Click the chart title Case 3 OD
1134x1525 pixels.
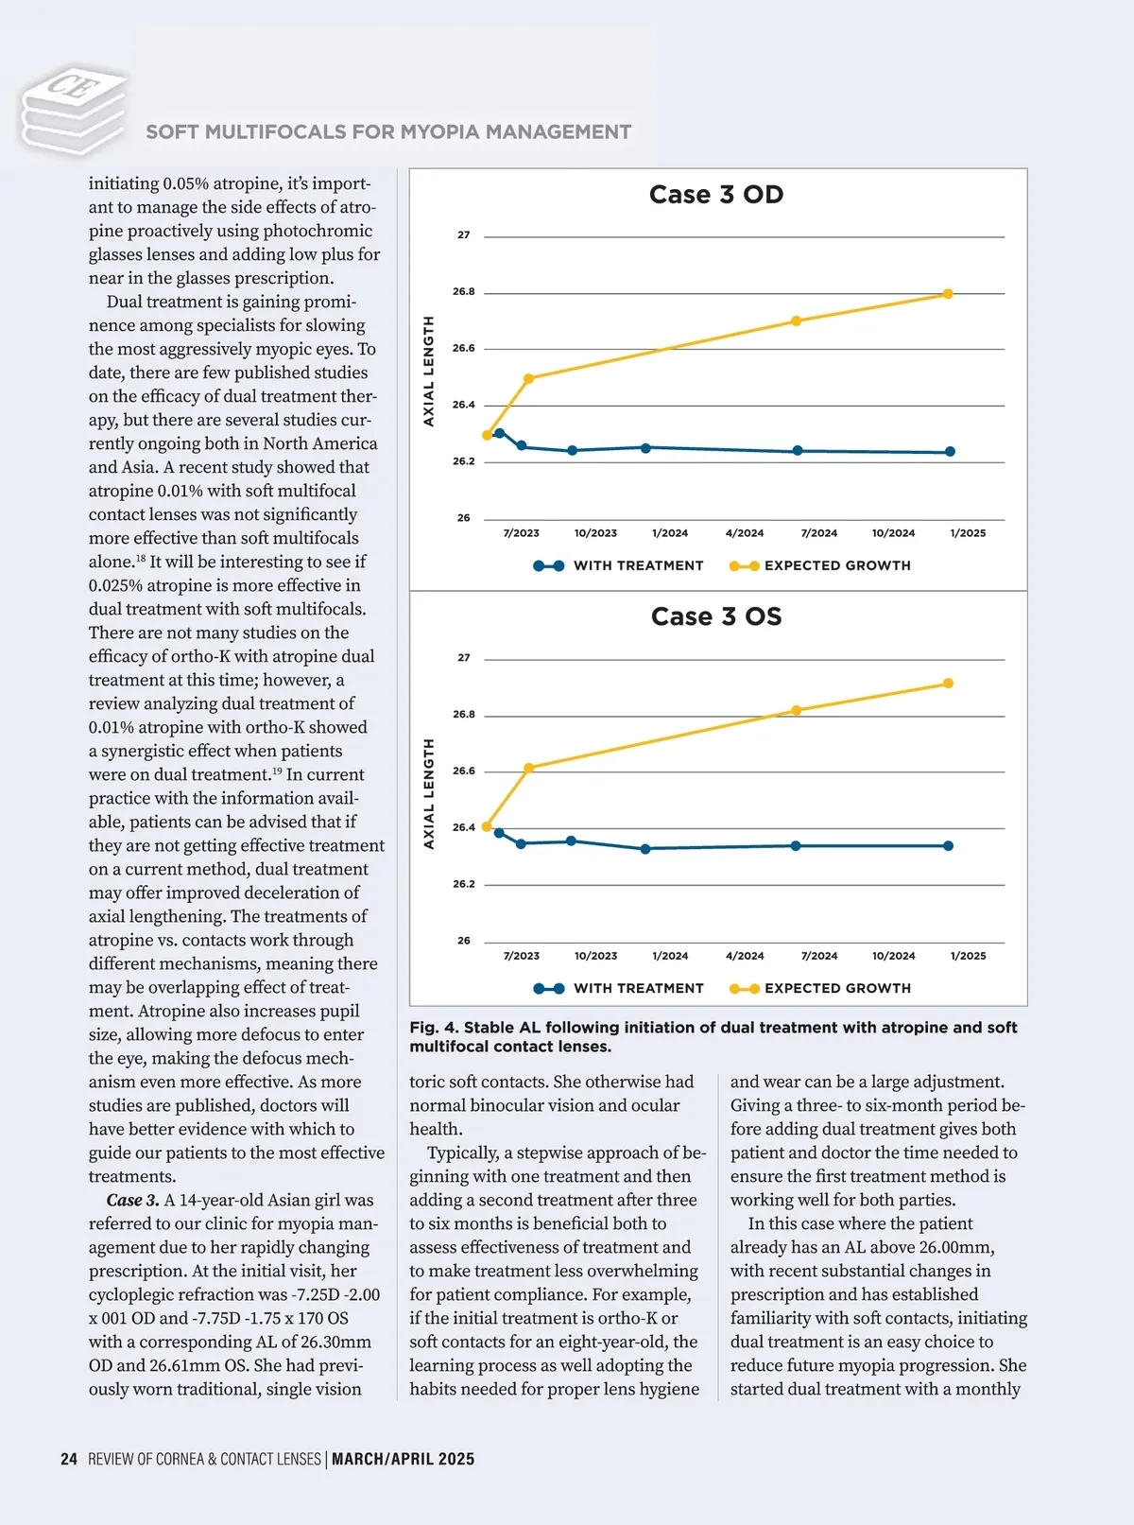click(716, 195)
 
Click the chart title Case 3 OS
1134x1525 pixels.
click(716, 616)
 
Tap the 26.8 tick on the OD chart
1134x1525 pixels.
click(463, 292)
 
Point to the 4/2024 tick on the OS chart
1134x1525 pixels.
click(745, 956)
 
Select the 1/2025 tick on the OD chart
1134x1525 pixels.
click(968, 533)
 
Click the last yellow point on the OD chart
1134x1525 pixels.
click(948, 294)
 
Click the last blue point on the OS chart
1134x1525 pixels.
click(948, 846)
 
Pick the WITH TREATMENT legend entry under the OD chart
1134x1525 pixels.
click(619, 565)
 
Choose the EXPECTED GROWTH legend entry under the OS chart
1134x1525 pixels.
click(820, 988)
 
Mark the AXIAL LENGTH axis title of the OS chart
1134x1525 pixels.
click(429, 793)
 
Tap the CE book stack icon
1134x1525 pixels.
click(74, 109)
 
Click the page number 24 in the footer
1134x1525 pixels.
click(69, 1459)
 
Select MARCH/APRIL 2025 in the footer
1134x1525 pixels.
click(404, 1459)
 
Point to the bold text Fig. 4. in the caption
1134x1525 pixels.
click(434, 1028)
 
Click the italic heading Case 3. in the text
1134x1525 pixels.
click(132, 1201)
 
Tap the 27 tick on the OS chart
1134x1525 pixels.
click(463, 658)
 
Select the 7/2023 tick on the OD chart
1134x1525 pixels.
click(521, 533)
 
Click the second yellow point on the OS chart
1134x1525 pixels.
click(529, 768)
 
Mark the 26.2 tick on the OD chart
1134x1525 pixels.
click(463, 461)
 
